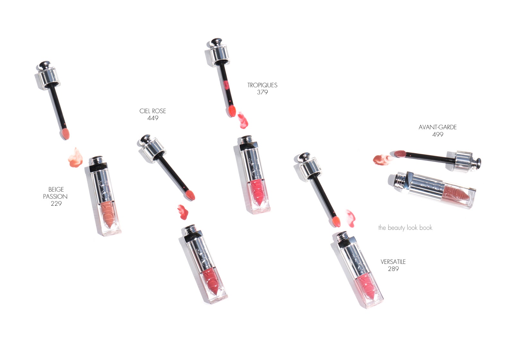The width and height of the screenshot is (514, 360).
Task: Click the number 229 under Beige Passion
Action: (x=56, y=203)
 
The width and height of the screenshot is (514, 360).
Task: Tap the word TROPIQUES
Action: (x=262, y=85)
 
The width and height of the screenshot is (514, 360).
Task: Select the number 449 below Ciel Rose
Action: (x=153, y=118)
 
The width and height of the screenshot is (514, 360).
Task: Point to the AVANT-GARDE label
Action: (x=438, y=127)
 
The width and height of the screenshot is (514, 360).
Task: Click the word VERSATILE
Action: (x=393, y=262)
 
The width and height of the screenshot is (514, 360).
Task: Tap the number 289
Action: (x=393, y=269)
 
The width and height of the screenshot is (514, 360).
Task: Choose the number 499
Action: (x=438, y=135)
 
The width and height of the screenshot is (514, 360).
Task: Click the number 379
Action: (x=262, y=92)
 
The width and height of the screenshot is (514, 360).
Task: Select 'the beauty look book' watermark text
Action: (x=405, y=228)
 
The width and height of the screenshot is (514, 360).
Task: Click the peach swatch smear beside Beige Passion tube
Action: (x=75, y=158)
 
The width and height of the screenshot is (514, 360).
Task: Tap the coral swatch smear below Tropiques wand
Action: (x=243, y=120)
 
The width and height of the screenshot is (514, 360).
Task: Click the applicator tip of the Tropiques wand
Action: (x=232, y=111)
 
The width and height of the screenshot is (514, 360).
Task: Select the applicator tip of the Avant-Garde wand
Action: (x=400, y=154)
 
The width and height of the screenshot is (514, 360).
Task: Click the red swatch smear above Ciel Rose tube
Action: (x=183, y=212)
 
